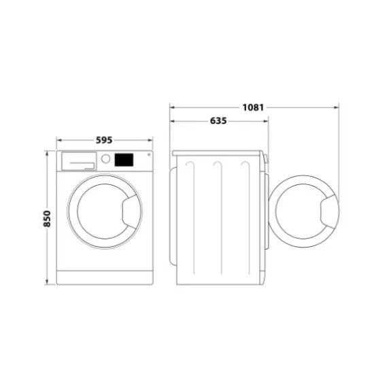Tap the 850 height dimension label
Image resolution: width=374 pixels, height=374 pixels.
(x=47, y=218)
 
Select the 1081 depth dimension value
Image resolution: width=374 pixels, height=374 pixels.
(x=253, y=107)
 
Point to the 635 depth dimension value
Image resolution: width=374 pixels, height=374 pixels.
(x=218, y=120)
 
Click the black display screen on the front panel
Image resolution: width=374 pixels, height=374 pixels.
(x=123, y=160)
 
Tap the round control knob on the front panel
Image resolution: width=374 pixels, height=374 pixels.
(x=105, y=160)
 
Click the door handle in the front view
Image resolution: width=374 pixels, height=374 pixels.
(x=127, y=210)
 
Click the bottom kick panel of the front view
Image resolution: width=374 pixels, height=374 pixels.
(x=104, y=277)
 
